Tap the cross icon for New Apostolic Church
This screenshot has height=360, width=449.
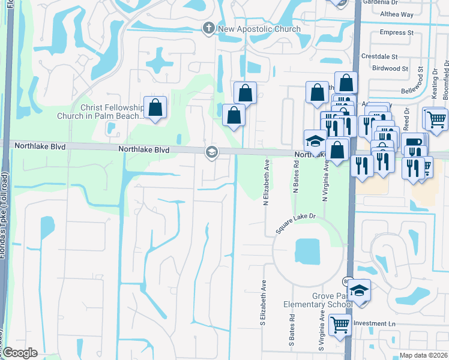[x=208, y=28]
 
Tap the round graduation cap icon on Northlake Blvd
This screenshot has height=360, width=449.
[x=211, y=152]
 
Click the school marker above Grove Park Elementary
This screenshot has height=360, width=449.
[x=359, y=292]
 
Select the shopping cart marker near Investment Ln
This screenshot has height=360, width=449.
[x=340, y=325]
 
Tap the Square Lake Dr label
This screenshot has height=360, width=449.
[x=295, y=226]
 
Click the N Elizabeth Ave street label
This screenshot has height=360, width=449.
[x=265, y=182]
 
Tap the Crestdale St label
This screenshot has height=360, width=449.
[x=379, y=56]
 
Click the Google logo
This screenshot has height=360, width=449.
[x=20, y=353]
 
